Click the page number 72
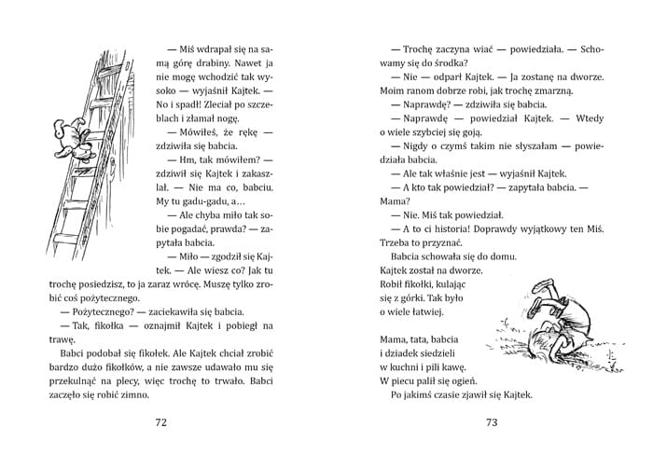160,422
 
